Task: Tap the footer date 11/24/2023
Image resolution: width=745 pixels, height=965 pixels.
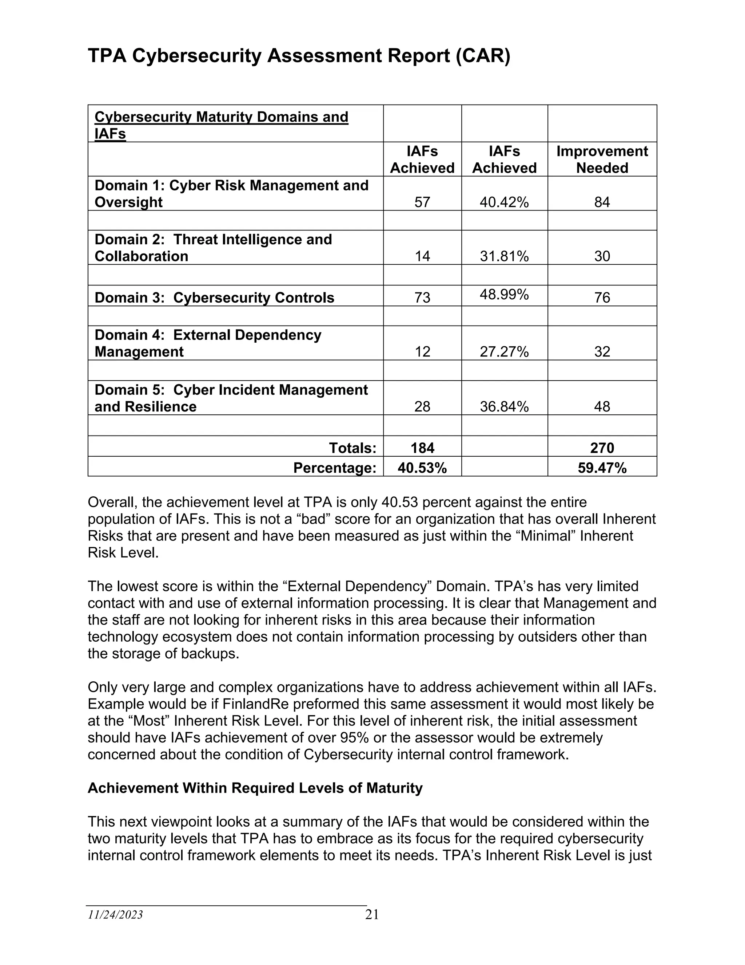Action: [115, 915]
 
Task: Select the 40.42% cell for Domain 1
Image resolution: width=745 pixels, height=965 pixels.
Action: [504, 202]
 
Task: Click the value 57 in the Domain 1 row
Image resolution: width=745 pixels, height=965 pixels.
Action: [422, 202]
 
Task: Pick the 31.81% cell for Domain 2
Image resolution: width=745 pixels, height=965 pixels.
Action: [504, 256]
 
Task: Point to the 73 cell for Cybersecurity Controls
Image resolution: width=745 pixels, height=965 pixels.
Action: [422, 298]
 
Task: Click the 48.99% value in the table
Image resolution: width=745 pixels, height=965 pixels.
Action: [504, 294]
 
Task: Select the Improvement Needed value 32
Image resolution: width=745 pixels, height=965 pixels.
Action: [602, 352]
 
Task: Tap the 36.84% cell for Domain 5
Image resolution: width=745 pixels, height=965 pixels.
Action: [504, 406]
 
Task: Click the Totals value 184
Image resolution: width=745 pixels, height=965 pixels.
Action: [422, 448]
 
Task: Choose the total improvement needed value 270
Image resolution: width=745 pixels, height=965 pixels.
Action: [602, 448]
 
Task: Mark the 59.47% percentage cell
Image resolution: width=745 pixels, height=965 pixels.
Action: [602, 468]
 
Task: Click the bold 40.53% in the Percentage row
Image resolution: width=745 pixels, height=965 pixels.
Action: [422, 468]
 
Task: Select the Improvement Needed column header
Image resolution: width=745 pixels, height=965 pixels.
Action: [602, 159]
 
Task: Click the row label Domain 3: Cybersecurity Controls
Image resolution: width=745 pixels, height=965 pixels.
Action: [215, 298]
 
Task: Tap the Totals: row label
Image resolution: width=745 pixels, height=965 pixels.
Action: [352, 448]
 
